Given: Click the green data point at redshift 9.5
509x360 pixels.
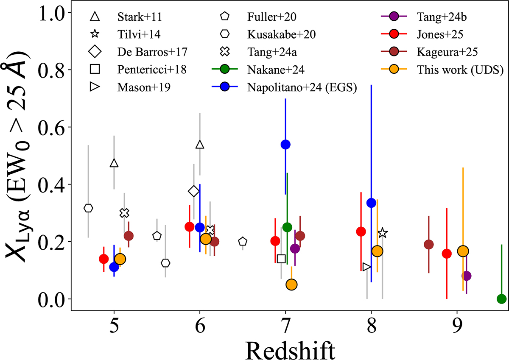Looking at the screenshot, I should point(501,299).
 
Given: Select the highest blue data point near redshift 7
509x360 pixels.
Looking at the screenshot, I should point(285,145).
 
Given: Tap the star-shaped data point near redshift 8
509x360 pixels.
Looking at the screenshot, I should point(383,233).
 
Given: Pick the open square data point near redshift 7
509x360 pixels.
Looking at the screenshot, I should point(281,259).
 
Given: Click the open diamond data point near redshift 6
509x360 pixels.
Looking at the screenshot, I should point(193,191).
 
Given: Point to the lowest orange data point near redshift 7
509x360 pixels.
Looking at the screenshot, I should point(291,285).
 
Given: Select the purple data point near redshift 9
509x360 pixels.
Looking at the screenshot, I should point(467,276).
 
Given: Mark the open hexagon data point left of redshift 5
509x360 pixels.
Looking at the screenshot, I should point(88,208).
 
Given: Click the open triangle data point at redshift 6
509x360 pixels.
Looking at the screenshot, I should point(200,145).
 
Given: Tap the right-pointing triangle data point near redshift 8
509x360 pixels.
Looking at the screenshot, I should point(367,267).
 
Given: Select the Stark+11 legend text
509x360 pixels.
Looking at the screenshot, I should point(134,17).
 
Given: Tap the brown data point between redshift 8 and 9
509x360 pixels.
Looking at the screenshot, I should point(429,245).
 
